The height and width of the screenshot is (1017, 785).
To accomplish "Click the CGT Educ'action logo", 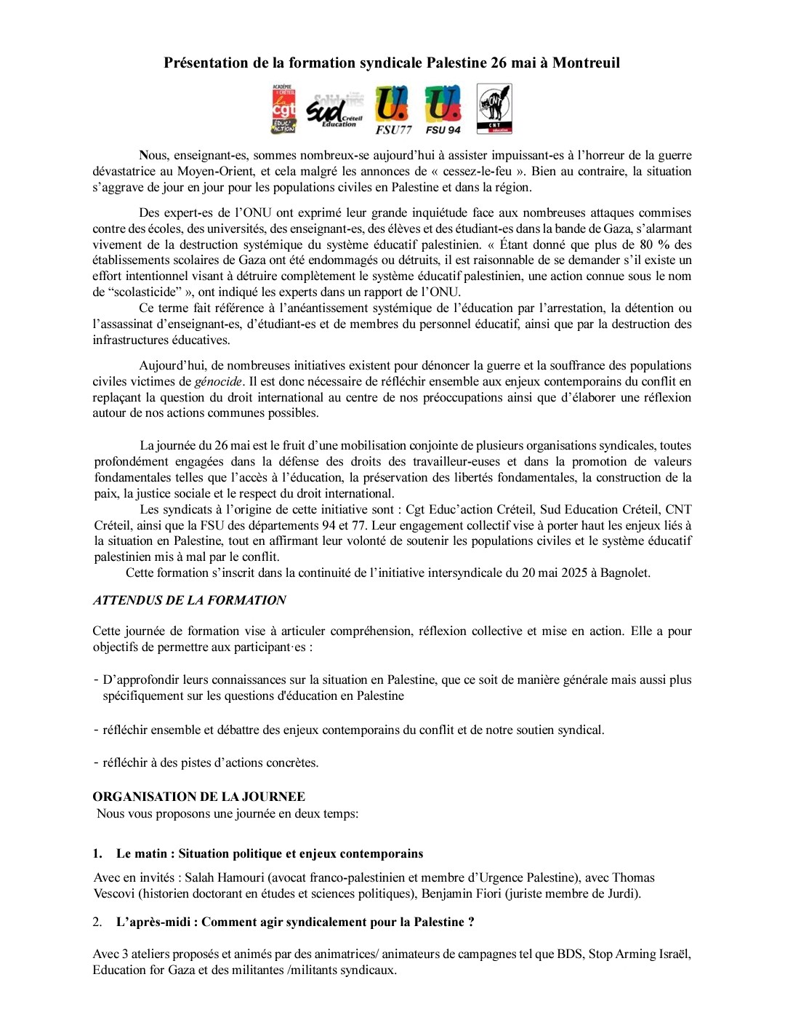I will click(283, 109).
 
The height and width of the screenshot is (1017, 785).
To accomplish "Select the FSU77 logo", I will click(392, 110).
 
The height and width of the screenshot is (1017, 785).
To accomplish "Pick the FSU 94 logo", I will click(443, 110).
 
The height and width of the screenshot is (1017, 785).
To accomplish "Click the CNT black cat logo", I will click(494, 108).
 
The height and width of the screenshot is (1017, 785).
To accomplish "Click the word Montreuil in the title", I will click(586, 63).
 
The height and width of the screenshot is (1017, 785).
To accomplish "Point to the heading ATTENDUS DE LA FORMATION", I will click(189, 600).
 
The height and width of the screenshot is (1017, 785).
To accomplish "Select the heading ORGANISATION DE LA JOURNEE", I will click(198, 797).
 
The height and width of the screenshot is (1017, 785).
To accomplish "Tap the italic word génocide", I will click(218, 381).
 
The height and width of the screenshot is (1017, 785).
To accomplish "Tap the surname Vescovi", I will click(116, 893).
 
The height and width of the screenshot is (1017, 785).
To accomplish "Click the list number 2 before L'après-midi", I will click(97, 922).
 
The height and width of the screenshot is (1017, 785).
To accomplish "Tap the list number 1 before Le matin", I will click(97, 853).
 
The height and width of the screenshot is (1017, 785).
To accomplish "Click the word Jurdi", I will click(624, 893).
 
